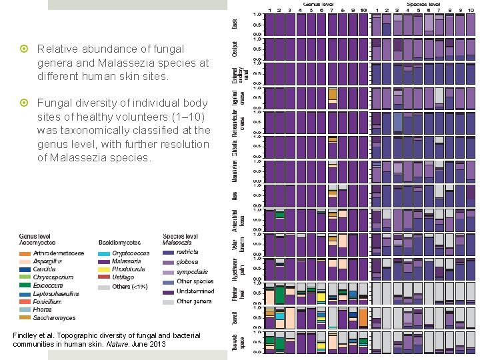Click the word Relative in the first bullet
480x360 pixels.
tap(55, 49)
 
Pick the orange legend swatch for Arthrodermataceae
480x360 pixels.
tap(25, 253)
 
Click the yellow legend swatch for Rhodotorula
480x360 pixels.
tap(103, 269)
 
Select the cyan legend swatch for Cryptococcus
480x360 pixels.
tap(103, 253)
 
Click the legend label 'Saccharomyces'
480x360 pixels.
tap(53, 317)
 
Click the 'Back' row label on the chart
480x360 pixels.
tap(234, 23)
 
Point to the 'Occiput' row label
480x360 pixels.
tap(234, 48)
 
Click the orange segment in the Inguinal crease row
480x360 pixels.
tap(333, 95)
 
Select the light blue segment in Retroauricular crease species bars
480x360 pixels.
tap(398, 123)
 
